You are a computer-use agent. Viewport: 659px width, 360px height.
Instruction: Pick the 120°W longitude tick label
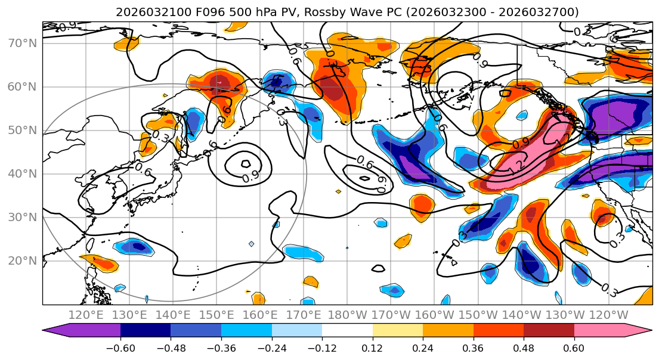tap(609, 315)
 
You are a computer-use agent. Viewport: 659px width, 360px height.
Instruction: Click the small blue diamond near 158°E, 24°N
tap(252, 244)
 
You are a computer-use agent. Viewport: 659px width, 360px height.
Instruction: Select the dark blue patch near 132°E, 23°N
tap(138, 246)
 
